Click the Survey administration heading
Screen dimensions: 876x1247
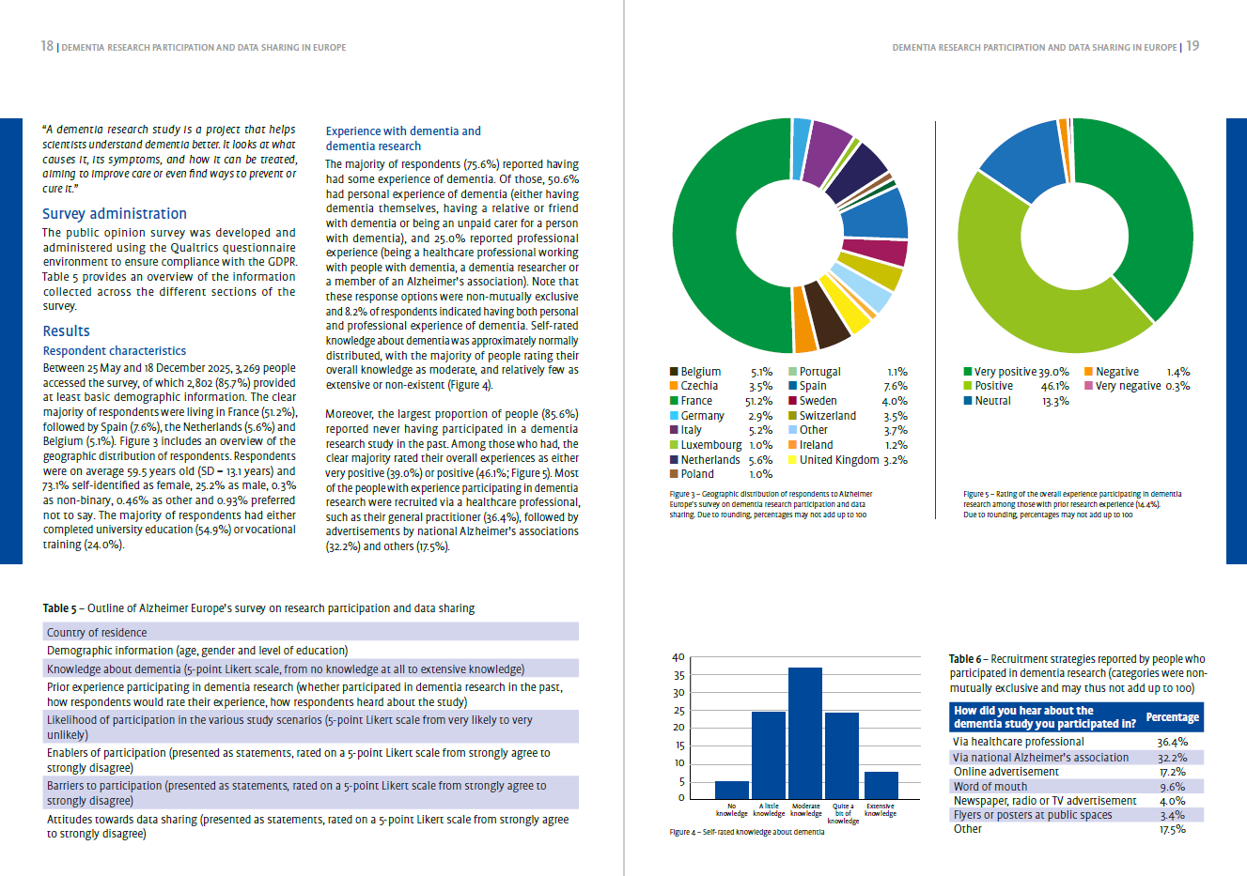(114, 214)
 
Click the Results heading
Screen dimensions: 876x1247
(66, 331)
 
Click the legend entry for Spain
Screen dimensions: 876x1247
(813, 386)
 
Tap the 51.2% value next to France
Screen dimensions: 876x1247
(758, 401)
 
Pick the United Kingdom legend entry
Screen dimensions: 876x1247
(838, 460)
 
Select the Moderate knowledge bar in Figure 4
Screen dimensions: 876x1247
(805, 732)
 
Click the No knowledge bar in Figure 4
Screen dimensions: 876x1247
(732, 789)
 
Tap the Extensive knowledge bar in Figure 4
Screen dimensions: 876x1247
(881, 784)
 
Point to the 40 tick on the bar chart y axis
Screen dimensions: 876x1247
(678, 657)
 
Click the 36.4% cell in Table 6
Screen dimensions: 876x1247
(1172, 742)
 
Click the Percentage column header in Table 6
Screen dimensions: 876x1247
(1172, 717)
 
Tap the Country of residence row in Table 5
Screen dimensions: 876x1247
(97, 633)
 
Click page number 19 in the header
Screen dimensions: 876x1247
(1192, 46)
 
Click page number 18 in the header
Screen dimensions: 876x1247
(47, 46)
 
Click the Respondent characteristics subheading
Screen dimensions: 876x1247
(114, 351)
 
